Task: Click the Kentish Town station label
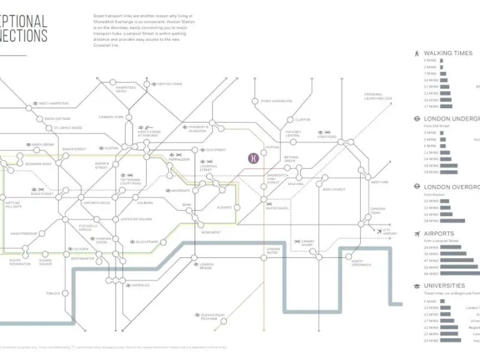169,84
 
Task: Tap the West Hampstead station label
54,104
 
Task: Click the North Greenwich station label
361,263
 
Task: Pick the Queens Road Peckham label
212,316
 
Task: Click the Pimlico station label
53,292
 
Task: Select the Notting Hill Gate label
12,205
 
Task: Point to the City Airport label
389,232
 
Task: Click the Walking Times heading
447,53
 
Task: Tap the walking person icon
416,53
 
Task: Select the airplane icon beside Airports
416,234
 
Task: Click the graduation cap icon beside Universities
416,286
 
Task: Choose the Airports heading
439,234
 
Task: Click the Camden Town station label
111,117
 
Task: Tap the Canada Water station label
272,250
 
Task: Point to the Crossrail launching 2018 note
378,97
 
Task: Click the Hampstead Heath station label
126,89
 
